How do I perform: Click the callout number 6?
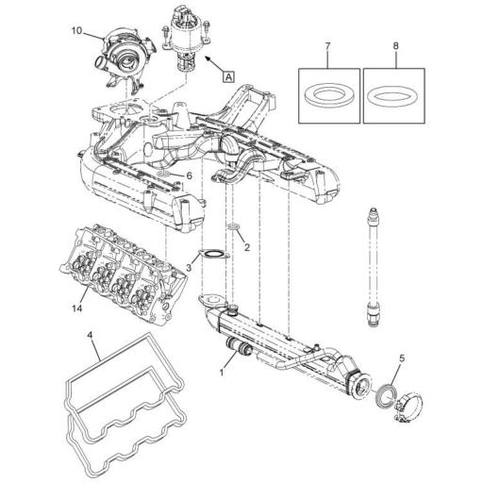(x=189, y=175)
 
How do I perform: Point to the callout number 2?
(x=246, y=248)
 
